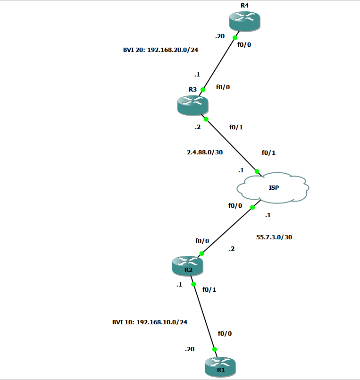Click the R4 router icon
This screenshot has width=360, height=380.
[244, 22]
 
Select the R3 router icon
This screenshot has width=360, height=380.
[193, 104]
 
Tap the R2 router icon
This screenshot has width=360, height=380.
[188, 266]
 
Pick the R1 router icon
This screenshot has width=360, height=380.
[220, 367]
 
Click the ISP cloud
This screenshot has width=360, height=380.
[273, 188]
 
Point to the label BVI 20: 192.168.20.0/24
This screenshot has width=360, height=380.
[160, 49]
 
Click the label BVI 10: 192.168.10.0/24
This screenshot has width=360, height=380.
[150, 322]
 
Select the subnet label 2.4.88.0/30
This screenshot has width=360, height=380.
[205, 152]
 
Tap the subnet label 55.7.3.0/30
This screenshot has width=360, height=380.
[274, 237]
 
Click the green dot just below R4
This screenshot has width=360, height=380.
[235, 37]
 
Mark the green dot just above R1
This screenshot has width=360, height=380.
[214, 349]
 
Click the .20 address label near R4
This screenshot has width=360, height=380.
[219, 36]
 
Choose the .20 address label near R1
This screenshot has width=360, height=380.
[189, 349]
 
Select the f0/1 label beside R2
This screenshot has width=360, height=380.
[209, 289]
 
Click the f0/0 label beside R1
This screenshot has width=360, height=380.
[225, 333]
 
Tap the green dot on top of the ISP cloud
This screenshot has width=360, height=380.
[257, 171]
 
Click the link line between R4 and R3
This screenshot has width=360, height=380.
[219, 63]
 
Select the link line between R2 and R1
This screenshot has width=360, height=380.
[204, 317]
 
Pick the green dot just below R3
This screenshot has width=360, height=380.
[206, 119]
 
